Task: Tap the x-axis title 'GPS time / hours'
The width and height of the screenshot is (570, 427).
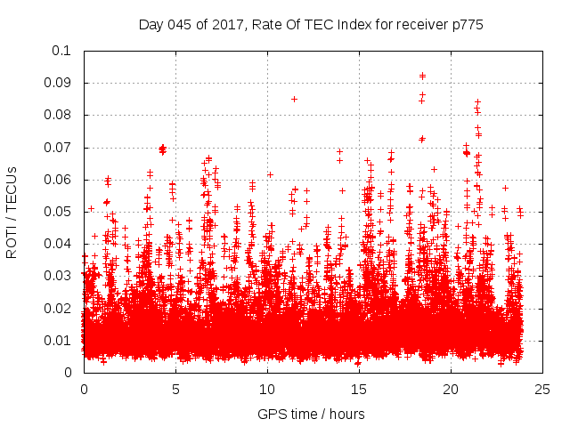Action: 311,414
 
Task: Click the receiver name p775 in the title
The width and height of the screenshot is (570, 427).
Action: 467,24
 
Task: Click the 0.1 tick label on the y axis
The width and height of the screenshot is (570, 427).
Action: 61,51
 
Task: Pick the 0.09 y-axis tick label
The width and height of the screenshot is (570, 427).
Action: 57,83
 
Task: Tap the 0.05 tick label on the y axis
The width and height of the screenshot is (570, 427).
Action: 57,212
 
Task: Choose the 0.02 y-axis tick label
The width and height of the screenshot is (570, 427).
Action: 57,308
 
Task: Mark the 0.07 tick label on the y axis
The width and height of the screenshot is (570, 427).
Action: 57,147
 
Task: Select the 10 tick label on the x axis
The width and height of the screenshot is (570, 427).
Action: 267,389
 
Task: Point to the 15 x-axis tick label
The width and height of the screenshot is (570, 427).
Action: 359,389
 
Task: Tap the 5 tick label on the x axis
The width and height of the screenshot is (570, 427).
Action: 175,389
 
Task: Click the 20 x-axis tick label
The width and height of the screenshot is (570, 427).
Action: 452,389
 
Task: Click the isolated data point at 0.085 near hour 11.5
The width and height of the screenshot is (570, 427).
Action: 294,99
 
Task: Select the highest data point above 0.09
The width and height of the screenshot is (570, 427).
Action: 422,76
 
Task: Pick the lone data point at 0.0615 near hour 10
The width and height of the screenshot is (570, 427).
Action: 270,174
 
